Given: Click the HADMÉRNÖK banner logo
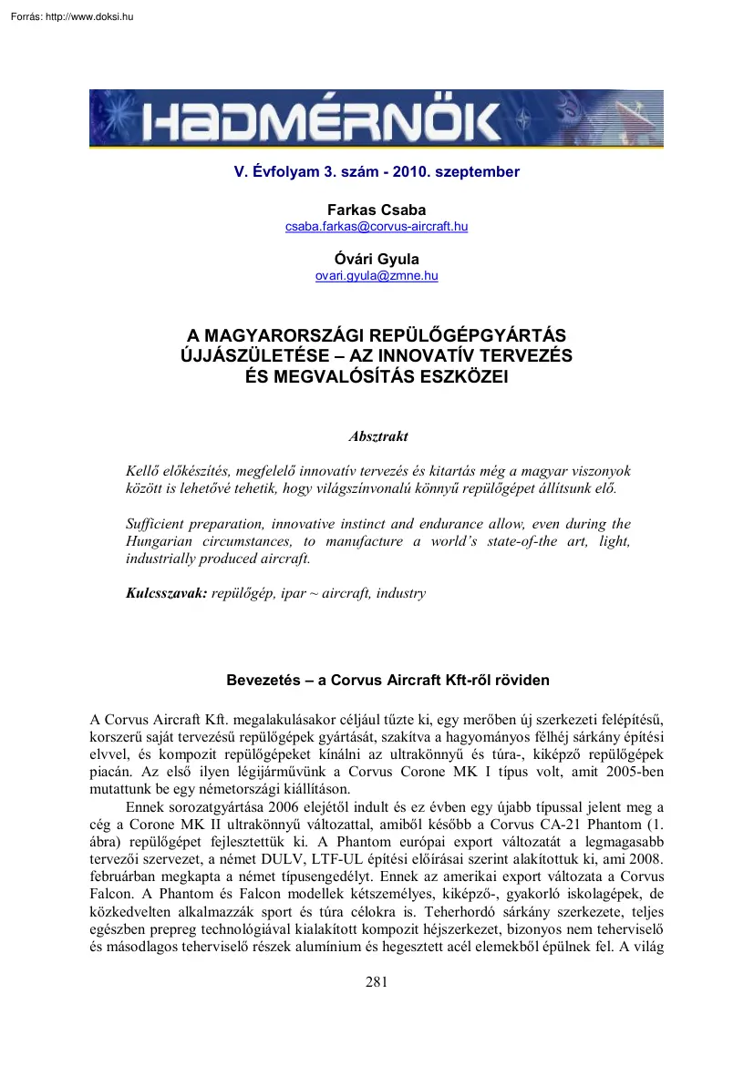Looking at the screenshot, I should coord(376,118).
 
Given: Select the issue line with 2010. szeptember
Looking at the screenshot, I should coord(376,172).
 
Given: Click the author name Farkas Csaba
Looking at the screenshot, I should coord(377,210).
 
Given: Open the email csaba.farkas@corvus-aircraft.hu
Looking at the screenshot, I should coord(377,226).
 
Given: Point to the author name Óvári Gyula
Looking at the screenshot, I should coord(377,259).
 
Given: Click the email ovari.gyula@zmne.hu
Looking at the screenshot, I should coord(377,275).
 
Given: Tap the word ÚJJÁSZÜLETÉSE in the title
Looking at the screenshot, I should coord(239,356).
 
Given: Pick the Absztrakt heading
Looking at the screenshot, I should coord(377,436).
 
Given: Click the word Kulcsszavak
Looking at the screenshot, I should coord(165,593).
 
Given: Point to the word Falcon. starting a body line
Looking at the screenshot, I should coord(114,895).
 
